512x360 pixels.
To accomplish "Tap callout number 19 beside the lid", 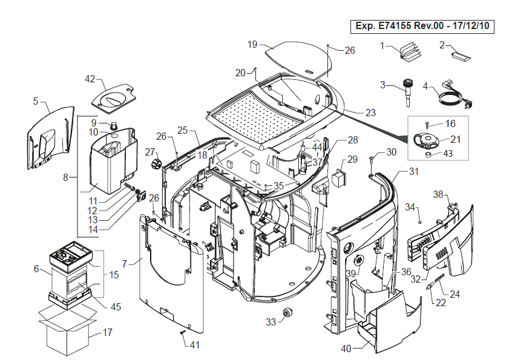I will coord(253,44).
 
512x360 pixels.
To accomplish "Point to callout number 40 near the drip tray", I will coord(346,349).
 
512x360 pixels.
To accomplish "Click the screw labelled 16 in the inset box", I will coord(427,125).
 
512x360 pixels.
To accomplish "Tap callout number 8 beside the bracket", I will coord(66,178).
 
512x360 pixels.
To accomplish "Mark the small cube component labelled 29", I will coord(336,180).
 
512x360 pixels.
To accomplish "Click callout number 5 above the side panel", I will coord(36,101).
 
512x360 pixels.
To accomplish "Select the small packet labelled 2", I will coord(462,56).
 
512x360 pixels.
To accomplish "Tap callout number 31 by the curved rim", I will coord(413,172).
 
